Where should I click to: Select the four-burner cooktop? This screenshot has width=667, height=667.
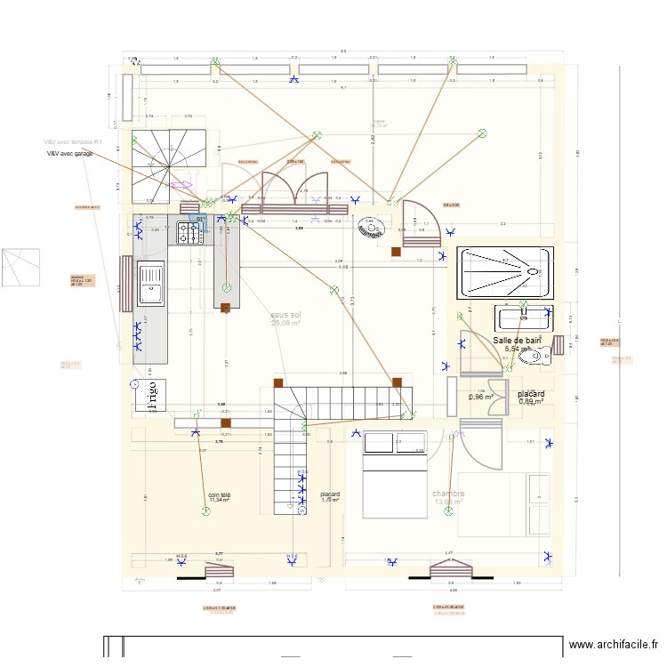pyautogui.click(x=190, y=233)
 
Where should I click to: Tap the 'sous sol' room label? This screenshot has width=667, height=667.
pyautogui.click(x=285, y=315)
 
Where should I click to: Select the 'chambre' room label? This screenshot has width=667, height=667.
pyautogui.click(x=448, y=494)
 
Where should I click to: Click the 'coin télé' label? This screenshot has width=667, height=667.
pyautogui.click(x=219, y=494)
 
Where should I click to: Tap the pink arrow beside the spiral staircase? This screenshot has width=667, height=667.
pyautogui.click(x=181, y=185)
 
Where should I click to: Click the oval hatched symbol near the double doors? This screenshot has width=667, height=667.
pyautogui.click(x=368, y=229)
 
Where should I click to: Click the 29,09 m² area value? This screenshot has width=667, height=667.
pyautogui.click(x=285, y=324)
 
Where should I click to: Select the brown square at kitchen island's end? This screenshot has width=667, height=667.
pyautogui.click(x=225, y=309)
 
